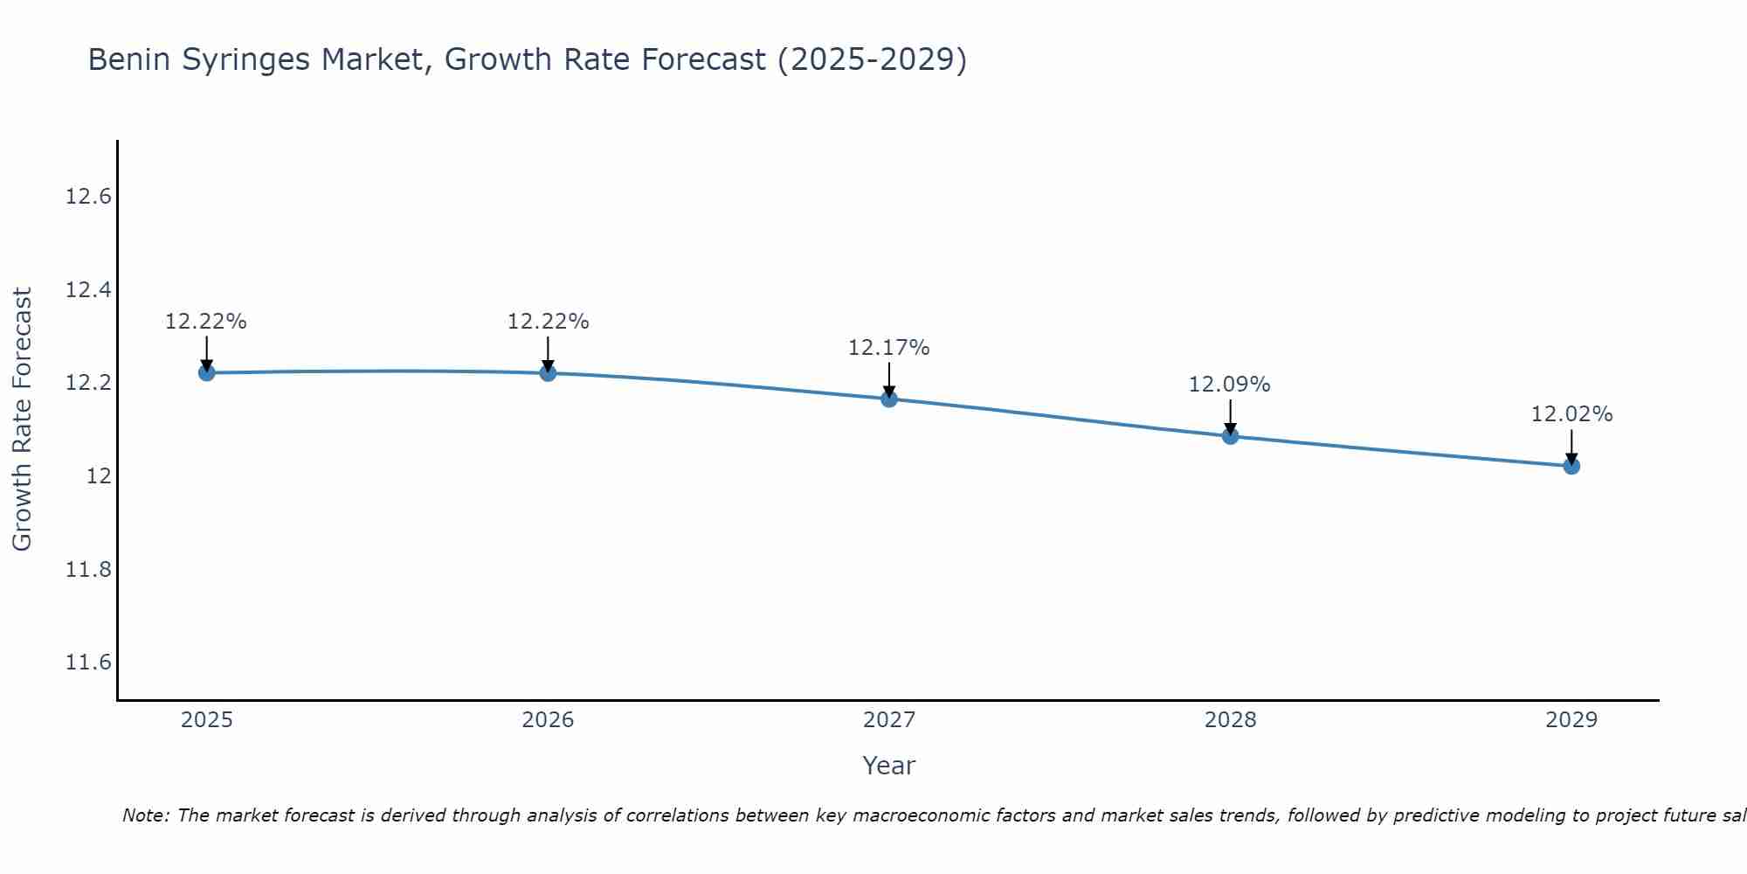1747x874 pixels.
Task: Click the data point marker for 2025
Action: (x=206, y=373)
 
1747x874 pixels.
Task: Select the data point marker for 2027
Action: (x=889, y=399)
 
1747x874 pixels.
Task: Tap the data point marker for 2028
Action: (x=1230, y=436)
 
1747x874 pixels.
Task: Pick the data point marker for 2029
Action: (x=1571, y=467)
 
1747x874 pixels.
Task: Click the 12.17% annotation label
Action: (x=889, y=348)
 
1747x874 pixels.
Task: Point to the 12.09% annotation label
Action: (x=1230, y=385)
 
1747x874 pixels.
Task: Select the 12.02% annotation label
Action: (x=1571, y=414)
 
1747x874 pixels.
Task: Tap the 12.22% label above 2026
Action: (x=548, y=322)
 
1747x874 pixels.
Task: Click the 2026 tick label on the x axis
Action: (x=548, y=720)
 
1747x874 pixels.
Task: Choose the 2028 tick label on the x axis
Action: (x=1230, y=720)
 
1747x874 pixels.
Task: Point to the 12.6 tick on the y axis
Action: (x=88, y=197)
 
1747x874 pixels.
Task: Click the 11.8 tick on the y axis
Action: (x=88, y=570)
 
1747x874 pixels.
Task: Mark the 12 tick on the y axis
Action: (x=99, y=476)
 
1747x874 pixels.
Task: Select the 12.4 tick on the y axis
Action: (x=88, y=290)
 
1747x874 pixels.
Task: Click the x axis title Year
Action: (x=888, y=766)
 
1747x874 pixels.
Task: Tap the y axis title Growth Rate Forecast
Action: (x=22, y=420)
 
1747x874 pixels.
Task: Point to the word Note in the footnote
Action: (x=146, y=815)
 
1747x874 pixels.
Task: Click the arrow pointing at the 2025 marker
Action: (x=206, y=353)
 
